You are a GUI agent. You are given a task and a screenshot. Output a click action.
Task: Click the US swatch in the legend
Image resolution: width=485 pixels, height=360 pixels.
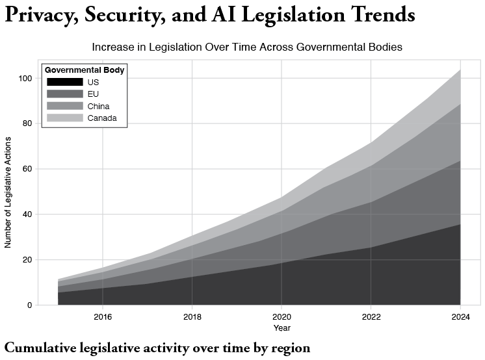click(65, 82)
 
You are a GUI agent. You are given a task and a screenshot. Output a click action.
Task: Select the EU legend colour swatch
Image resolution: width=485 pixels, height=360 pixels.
click(65, 94)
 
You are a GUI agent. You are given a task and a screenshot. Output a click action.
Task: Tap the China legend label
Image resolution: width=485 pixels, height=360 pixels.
click(98, 106)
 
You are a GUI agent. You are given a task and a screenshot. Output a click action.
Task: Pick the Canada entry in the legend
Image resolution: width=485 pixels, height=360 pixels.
click(101, 118)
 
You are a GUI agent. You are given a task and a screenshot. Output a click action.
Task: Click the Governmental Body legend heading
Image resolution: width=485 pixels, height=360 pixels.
click(85, 70)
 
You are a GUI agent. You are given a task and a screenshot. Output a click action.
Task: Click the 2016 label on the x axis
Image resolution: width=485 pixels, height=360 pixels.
click(102, 317)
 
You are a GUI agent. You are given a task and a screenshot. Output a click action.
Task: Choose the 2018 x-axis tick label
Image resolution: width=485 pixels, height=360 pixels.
click(192, 317)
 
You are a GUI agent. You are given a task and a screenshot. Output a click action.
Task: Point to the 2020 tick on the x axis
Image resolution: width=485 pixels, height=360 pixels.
click(282, 317)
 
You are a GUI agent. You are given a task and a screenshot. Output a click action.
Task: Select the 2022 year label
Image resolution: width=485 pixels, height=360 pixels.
click(371, 317)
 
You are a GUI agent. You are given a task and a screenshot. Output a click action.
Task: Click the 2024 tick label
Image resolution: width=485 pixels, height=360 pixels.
click(460, 317)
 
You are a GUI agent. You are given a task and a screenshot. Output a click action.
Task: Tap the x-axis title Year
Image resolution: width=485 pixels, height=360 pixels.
click(282, 328)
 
